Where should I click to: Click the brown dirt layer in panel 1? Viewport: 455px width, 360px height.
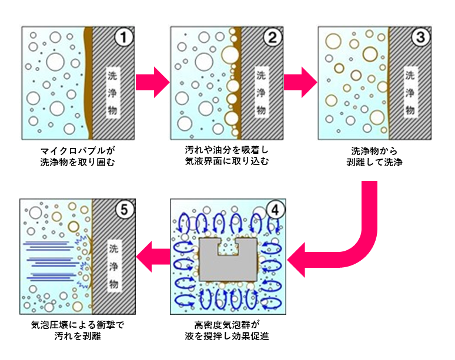[89, 82]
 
